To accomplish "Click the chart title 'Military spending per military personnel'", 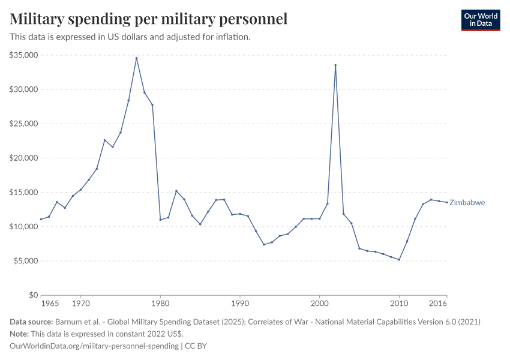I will tap(149, 19).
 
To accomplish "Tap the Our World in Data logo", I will tap(480, 20).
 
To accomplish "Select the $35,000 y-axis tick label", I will tap(24, 55).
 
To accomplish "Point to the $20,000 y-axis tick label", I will tap(24, 158).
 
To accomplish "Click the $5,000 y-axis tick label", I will tap(26, 261).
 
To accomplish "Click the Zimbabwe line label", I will tap(467, 203).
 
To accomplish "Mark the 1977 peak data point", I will tap(136, 58).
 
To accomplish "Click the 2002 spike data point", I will tap(335, 65).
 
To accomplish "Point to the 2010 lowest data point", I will tap(399, 260).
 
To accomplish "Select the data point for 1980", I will tap(160, 220).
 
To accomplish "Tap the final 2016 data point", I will tap(446, 202).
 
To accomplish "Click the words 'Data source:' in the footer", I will tap(31, 322).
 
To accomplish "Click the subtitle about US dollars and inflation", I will tap(130, 37).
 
